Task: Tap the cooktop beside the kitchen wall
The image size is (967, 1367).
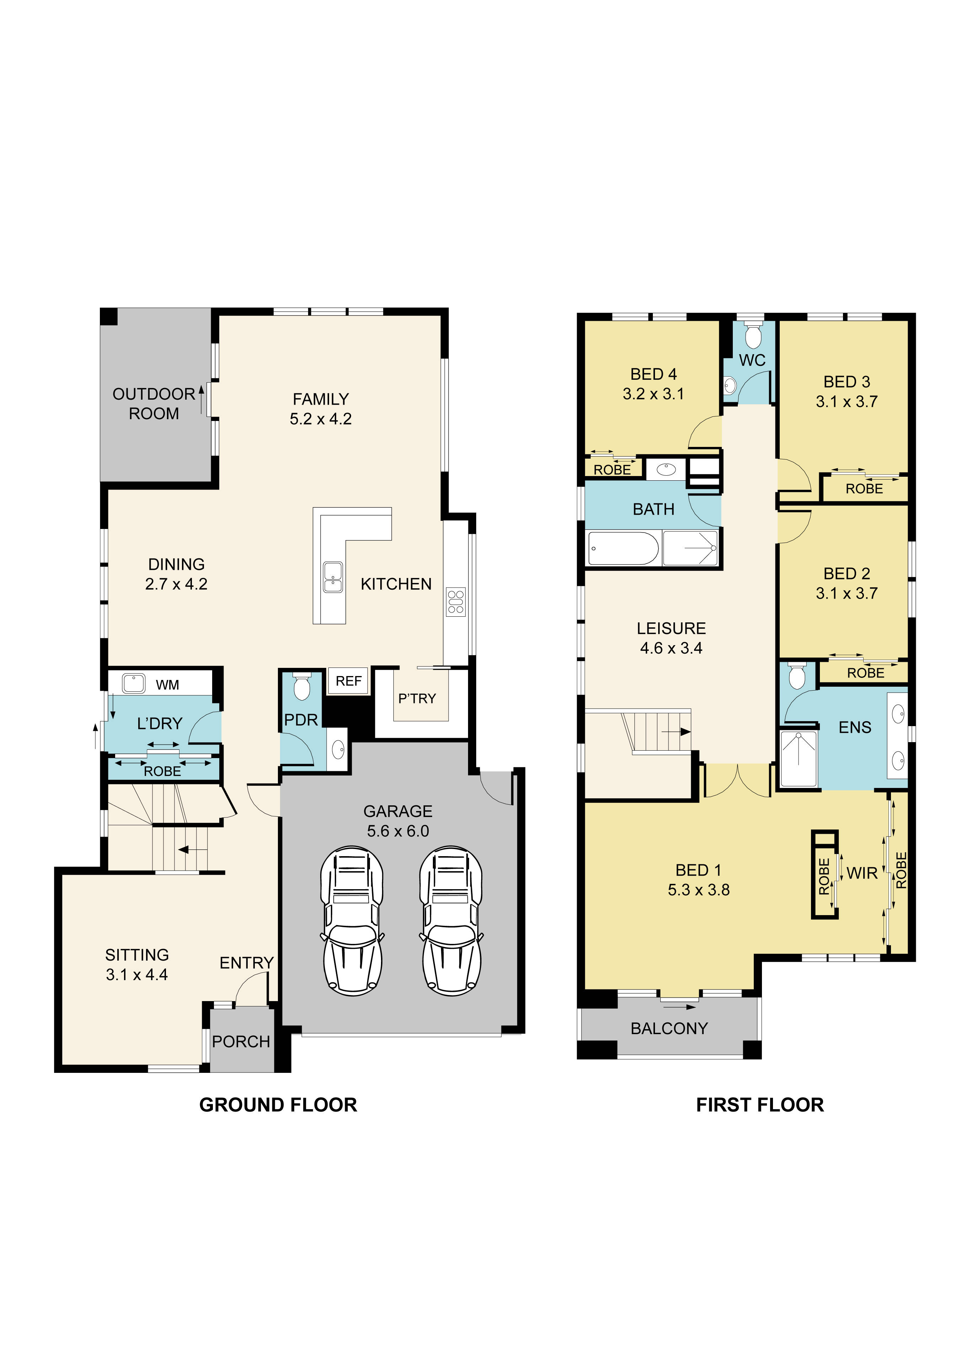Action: click(456, 602)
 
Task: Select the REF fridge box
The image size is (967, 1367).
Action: click(348, 681)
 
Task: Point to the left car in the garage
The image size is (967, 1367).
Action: click(352, 920)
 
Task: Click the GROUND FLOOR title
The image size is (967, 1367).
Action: click(278, 1105)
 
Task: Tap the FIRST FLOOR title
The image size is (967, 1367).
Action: click(760, 1105)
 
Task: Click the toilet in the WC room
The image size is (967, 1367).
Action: click(753, 336)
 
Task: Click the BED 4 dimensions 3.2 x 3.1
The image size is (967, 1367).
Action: click(653, 394)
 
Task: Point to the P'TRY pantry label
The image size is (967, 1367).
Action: click(417, 698)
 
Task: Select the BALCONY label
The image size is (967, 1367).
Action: click(669, 1028)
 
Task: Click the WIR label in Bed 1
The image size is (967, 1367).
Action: click(861, 874)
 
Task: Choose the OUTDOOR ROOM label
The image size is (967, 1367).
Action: click(154, 404)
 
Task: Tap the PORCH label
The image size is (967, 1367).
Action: click(241, 1041)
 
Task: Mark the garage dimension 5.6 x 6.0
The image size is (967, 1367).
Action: click(398, 831)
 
